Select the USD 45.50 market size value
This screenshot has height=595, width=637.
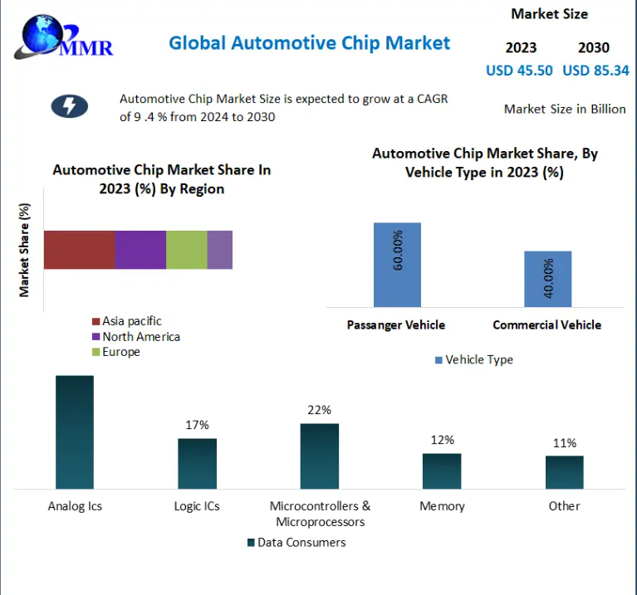[519, 71]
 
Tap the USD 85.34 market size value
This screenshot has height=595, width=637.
[595, 71]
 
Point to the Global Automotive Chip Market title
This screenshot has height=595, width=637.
[309, 43]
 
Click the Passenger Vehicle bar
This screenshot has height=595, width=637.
[397, 265]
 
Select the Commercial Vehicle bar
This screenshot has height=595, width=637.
[547, 279]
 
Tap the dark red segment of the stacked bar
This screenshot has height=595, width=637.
[79, 250]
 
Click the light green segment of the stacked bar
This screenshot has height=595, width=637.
[186, 250]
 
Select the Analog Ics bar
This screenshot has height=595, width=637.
[75, 432]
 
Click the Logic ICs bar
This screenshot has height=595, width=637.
[197, 463]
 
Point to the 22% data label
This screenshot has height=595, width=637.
[319, 410]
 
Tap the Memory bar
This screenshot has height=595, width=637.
[441, 471]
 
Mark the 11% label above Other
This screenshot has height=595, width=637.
[565, 443]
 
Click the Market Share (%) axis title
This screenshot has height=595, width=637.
[25, 250]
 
